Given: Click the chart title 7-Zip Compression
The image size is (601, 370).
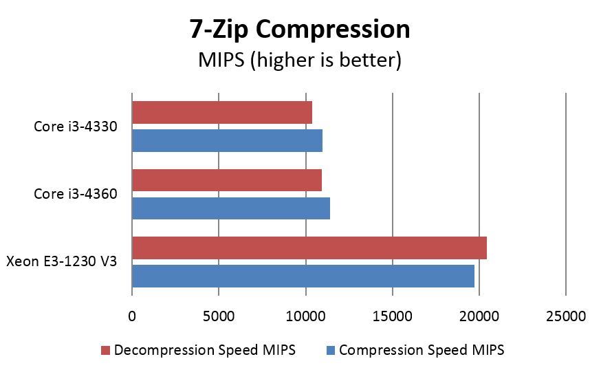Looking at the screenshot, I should pyautogui.click(x=300, y=30).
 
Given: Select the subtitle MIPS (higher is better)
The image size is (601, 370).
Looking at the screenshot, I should pyautogui.click(x=300, y=60).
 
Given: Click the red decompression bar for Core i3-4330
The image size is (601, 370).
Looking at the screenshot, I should pyautogui.click(x=221, y=112).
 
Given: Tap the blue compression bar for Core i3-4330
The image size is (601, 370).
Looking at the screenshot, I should pyautogui.click(x=227, y=140).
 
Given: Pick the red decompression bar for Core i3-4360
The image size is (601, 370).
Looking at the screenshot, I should pyautogui.click(x=226, y=179).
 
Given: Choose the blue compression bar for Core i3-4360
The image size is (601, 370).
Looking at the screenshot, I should pyautogui.click(x=230, y=208).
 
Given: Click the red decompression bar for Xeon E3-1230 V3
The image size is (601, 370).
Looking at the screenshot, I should pyautogui.click(x=309, y=248).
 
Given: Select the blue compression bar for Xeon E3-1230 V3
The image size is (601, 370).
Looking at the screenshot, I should pyautogui.click(x=303, y=276).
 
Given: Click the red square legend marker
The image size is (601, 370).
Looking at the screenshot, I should pyautogui.click(x=105, y=351).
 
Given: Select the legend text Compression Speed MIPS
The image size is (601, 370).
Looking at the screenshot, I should pyautogui.click(x=422, y=350).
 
